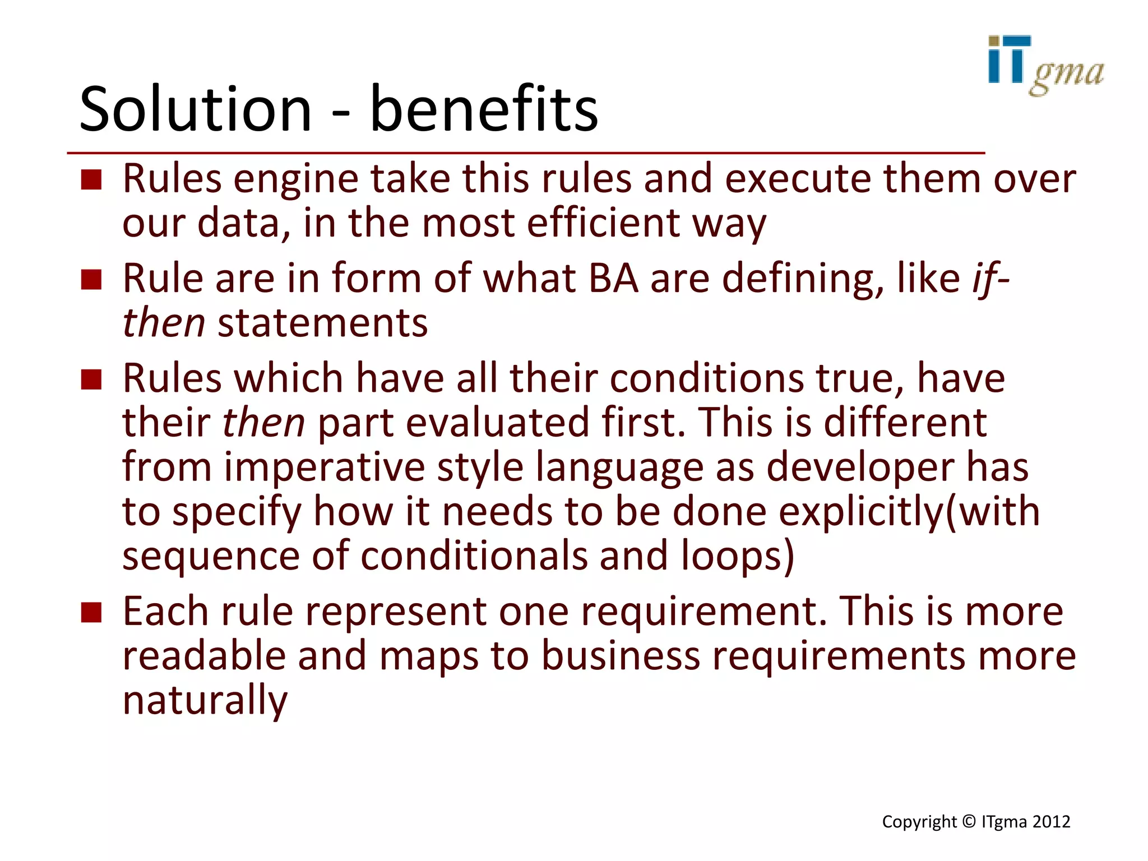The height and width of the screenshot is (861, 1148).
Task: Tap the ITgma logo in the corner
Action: [x=1045, y=66]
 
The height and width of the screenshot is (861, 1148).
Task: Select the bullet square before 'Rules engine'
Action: [x=91, y=180]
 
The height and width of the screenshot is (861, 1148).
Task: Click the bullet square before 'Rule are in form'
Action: [x=91, y=280]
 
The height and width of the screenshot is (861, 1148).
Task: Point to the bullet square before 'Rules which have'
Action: [x=91, y=379]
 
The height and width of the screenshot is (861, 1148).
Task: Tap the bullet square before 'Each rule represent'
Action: [x=91, y=613]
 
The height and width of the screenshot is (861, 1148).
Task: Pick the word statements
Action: [x=323, y=323]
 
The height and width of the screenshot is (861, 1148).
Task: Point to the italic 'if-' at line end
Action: [x=990, y=279]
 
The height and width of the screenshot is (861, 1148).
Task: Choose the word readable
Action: [x=204, y=656]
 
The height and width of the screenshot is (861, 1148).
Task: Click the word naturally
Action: [x=205, y=701]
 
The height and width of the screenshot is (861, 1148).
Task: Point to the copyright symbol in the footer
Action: [x=969, y=822]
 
